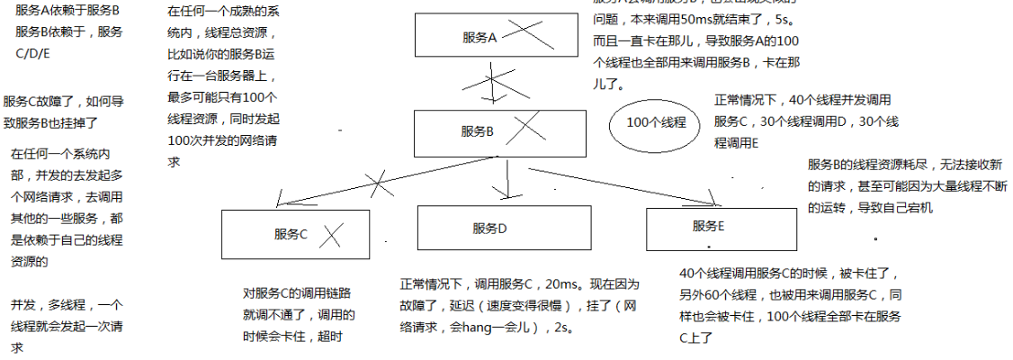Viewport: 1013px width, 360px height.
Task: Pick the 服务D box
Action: coord(490,227)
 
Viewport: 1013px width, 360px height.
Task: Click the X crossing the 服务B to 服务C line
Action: coord(379,184)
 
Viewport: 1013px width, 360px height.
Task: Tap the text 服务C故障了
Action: coord(40,102)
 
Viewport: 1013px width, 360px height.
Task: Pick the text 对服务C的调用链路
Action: coord(292,293)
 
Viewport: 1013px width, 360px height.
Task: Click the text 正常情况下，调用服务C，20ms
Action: coord(490,285)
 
